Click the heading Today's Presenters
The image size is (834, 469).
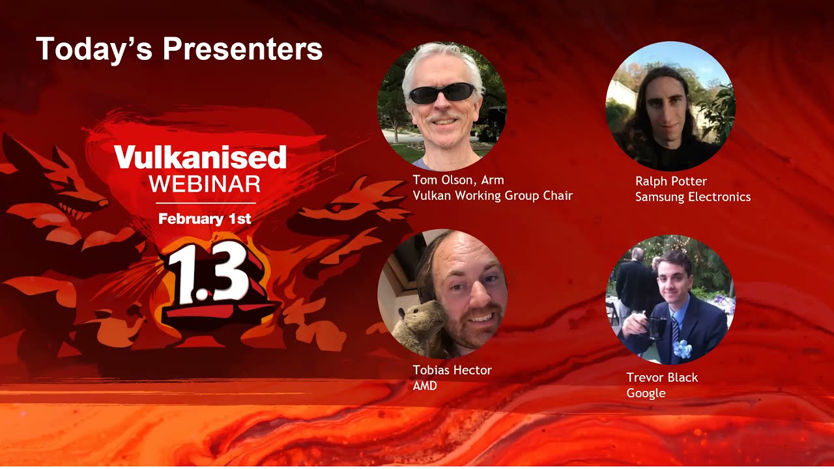click(x=179, y=49)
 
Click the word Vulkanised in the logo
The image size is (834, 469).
click(x=200, y=157)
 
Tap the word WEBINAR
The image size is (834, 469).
click(x=205, y=184)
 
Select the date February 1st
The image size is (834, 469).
click(x=205, y=219)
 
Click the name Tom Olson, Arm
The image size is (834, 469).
click(x=458, y=180)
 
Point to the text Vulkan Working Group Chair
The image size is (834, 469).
click(x=493, y=195)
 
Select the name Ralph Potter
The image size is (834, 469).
click(x=671, y=181)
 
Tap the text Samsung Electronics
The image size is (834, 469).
click(x=693, y=197)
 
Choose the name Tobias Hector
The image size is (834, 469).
click(x=452, y=370)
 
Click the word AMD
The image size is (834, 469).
click(x=425, y=386)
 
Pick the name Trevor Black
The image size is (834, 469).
click(x=662, y=377)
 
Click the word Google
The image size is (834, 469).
click(x=646, y=393)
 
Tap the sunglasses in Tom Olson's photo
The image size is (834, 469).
click(x=442, y=93)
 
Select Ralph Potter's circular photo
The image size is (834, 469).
click(x=670, y=106)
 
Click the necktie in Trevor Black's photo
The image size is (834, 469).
click(x=675, y=329)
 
